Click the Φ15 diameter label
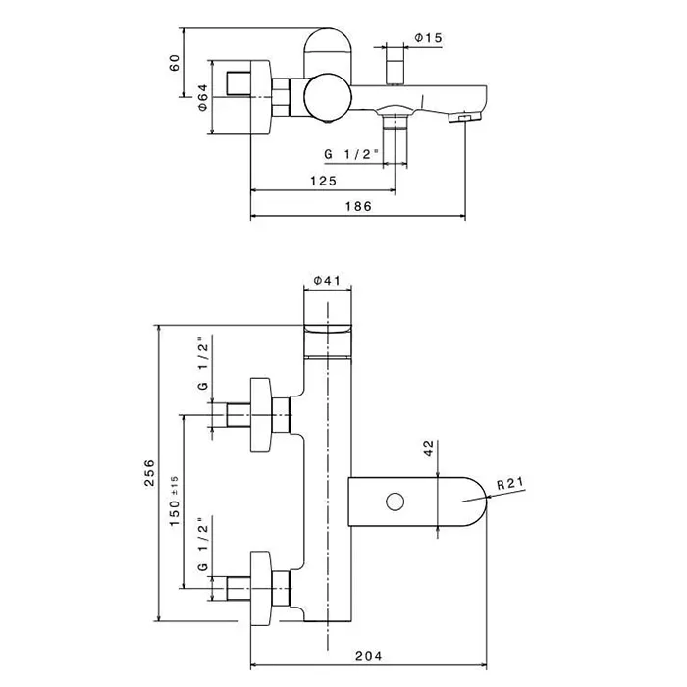(429, 38)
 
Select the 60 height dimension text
(175, 63)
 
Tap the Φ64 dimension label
(202, 98)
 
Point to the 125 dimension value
(323, 181)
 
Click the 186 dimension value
(358, 206)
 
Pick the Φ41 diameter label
(327, 280)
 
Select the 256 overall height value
(150, 472)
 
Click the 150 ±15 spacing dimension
(175, 501)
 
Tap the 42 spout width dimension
(429, 449)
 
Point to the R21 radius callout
(510, 483)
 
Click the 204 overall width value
(368, 656)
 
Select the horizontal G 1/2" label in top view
(351, 154)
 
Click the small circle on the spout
(396, 502)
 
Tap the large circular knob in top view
(327, 96)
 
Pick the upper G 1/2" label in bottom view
(202, 364)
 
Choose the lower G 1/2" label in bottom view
(202, 544)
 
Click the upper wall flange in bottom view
(261, 414)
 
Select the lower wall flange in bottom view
(261, 589)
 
